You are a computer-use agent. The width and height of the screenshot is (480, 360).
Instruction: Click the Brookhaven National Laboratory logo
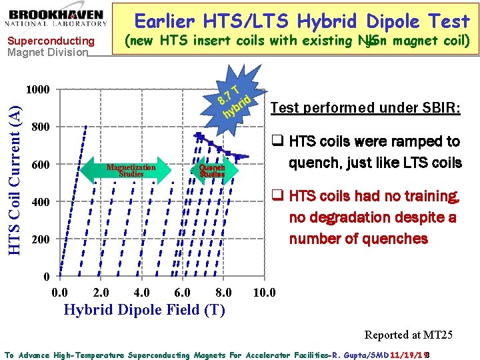coord(57,17)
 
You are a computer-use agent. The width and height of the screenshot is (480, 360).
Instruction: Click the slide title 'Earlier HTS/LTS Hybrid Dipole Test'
coord(302,21)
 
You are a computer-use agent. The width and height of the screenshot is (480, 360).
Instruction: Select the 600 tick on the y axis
coord(41,165)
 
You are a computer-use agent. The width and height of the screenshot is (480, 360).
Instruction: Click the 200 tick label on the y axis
coord(41,239)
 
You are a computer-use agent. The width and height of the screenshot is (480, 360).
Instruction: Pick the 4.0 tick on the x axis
coord(142,293)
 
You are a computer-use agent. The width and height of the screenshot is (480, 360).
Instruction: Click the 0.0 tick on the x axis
coord(59,293)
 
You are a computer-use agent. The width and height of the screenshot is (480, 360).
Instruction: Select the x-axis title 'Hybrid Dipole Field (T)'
coord(143,310)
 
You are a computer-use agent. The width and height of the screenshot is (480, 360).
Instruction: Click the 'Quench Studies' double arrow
coord(212,170)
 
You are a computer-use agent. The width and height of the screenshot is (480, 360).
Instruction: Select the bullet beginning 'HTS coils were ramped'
coord(367,151)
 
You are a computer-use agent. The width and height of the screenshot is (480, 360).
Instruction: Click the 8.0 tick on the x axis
coord(224,293)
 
